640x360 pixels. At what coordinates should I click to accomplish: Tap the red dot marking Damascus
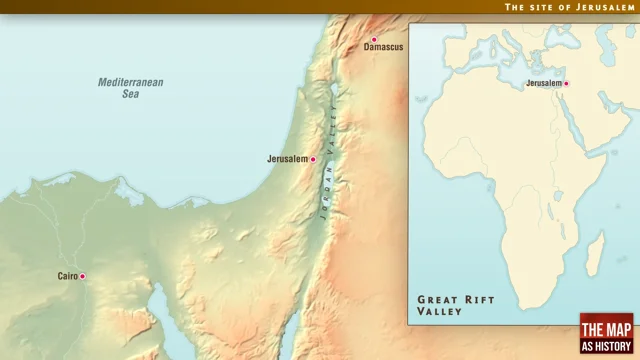[374, 40]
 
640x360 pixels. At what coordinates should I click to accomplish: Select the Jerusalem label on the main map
[287, 159]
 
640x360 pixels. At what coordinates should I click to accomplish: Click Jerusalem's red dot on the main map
[313, 159]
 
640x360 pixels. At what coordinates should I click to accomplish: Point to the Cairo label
[67, 276]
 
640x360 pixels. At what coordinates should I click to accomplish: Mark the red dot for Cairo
[83, 276]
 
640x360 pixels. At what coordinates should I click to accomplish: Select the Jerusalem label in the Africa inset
[544, 84]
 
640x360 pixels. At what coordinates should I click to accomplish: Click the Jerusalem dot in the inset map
[566, 84]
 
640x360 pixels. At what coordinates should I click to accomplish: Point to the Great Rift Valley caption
[449, 305]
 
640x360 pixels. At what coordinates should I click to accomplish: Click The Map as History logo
[607, 334]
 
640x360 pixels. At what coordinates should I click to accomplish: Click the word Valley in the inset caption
[440, 312]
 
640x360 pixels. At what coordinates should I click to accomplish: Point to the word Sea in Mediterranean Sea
[130, 94]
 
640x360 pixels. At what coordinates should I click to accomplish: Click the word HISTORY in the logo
[607, 346]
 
